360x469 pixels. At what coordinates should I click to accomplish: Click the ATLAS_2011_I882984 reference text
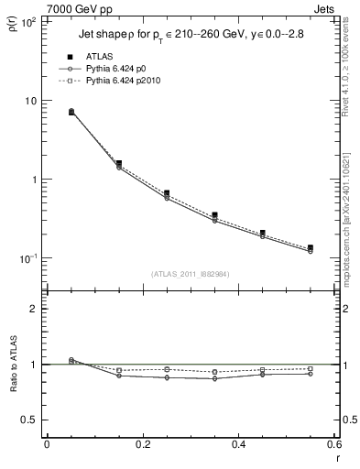191,273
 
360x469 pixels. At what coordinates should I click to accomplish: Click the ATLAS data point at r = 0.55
311,248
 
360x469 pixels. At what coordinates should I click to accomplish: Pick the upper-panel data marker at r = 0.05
71,112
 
